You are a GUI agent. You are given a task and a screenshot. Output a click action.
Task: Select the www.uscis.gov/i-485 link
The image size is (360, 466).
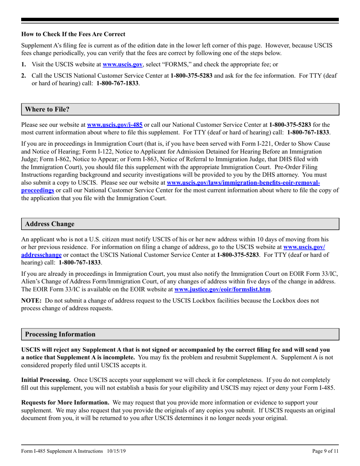tap(114, 124)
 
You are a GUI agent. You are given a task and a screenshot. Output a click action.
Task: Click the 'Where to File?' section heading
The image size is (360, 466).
tap(47, 109)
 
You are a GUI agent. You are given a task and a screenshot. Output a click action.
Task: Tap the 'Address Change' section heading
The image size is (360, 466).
tap(50, 224)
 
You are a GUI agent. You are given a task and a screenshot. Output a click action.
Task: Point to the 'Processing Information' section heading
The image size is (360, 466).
tap(60, 335)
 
